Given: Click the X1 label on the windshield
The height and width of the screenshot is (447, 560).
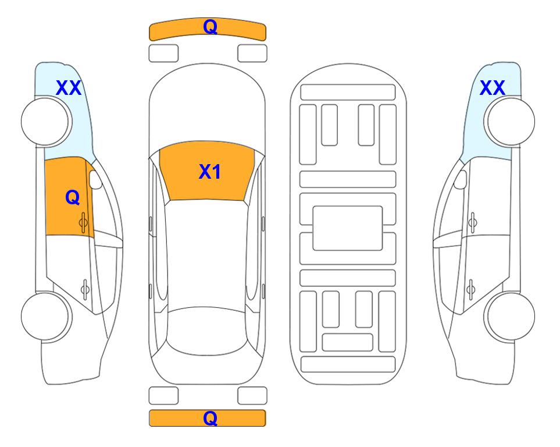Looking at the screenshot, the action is [210, 172].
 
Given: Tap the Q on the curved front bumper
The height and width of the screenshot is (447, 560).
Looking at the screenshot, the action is [211, 27].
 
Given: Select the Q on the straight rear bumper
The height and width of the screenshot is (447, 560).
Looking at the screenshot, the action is [211, 418].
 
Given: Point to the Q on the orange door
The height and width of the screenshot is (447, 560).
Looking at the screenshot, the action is [73, 197].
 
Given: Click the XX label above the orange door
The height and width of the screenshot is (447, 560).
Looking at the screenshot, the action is [69, 88].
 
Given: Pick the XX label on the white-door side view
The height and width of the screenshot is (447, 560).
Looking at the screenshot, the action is [492, 88].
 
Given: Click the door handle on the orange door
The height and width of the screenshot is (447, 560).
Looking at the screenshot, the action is [84, 223].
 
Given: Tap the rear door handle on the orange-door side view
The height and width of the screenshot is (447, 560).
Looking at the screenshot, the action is [85, 289].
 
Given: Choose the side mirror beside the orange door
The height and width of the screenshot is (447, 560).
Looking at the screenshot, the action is [95, 179].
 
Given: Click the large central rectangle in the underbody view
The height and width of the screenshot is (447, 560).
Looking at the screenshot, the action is [348, 228].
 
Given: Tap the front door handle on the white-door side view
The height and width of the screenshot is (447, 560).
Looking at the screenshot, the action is [473, 223].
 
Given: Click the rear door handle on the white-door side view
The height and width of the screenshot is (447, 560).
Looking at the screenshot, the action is [471, 289].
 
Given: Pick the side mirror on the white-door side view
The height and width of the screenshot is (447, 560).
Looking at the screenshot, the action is [461, 179].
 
